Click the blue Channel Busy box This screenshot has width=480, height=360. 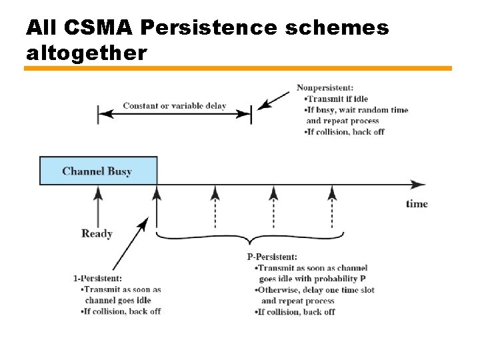[98, 171]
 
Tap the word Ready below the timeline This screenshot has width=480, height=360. [97, 233]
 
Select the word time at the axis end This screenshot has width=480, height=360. [417, 203]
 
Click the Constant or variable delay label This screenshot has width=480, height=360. [174, 106]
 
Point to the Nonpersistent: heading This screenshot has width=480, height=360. [325, 87]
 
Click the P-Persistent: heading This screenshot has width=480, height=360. [272, 257]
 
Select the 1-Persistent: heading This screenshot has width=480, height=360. [97, 278]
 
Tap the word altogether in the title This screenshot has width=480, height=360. [86, 53]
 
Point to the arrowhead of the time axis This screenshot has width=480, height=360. [419, 184]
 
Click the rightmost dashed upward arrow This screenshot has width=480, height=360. [332, 207]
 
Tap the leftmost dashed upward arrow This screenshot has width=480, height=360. [215, 207]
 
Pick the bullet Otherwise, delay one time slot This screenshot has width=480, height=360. [312, 290]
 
